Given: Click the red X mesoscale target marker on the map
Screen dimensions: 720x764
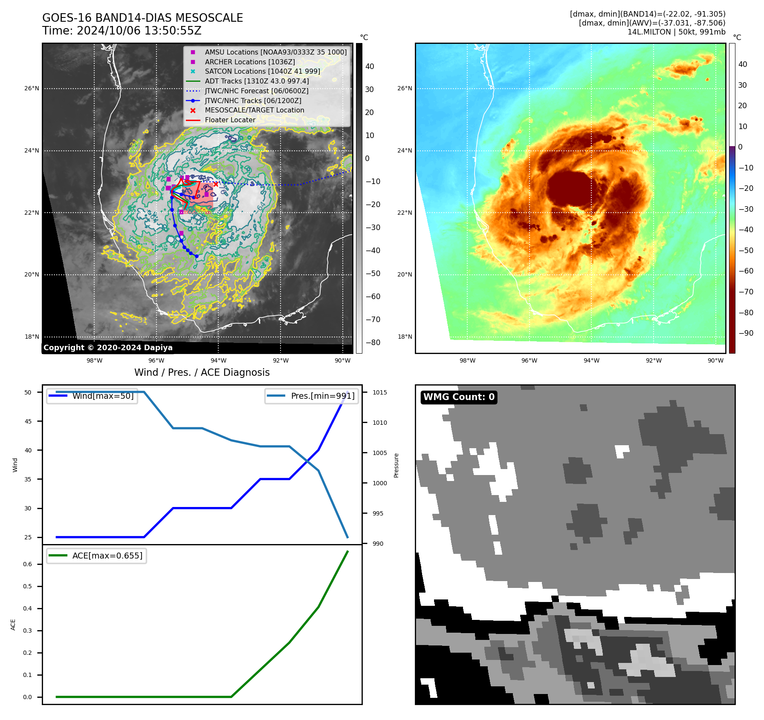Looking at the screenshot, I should [x=216, y=184].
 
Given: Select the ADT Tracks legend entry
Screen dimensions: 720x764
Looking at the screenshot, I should [x=257, y=81].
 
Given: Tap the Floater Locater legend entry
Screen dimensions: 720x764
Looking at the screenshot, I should [x=230, y=120].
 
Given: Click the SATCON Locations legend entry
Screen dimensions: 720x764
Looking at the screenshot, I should [x=262, y=71].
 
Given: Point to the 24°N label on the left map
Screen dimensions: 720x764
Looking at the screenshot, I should [x=32, y=150].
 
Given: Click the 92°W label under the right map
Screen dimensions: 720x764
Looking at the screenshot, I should [x=654, y=360].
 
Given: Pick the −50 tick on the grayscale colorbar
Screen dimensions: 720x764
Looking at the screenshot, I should [x=373, y=274].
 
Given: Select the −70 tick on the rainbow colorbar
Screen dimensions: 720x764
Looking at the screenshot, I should [x=746, y=292].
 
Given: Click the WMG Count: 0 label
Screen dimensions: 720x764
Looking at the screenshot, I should [x=459, y=397].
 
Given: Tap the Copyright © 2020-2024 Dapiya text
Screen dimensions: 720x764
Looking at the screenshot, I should [x=108, y=348].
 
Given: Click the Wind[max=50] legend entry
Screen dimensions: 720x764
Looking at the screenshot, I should [x=103, y=396].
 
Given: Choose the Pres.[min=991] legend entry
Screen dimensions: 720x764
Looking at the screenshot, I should [x=322, y=396].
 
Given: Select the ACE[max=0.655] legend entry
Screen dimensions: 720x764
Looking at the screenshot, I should [x=107, y=556].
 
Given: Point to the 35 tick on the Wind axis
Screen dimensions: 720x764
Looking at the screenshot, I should [x=28, y=479].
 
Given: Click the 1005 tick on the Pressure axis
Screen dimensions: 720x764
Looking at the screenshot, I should [x=380, y=453].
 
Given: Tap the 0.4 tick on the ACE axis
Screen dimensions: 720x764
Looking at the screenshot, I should [x=27, y=608].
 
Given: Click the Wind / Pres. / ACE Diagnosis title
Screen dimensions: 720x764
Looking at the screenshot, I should [x=202, y=372].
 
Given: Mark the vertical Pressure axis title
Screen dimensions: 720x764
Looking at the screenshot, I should [x=396, y=465].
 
